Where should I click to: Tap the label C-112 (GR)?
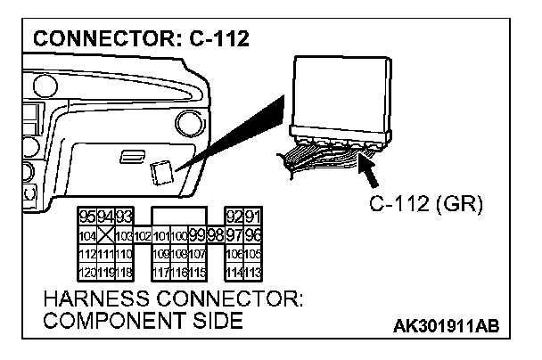tap(425, 205)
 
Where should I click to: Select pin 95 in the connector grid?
tap(88, 218)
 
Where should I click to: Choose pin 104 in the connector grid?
tap(88, 234)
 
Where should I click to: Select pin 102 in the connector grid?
tap(142, 234)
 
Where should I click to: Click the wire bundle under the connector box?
tap(321, 159)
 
